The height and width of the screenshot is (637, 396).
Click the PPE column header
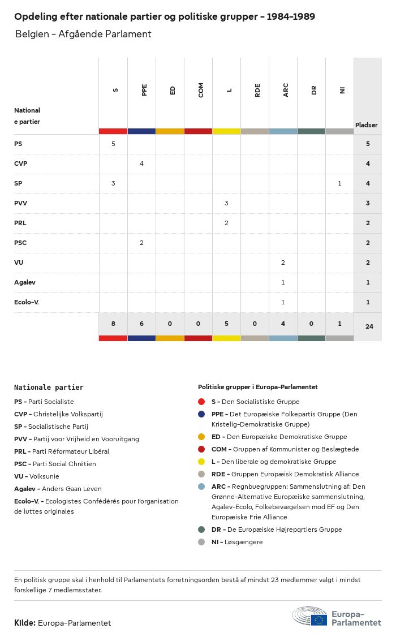144,90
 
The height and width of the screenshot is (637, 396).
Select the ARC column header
286,90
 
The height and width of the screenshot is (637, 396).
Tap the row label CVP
21,163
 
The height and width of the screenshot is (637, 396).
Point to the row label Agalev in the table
24,282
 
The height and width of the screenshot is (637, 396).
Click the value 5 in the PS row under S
113,144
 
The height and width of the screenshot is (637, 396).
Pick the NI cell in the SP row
339,183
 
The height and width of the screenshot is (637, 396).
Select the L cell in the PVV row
226,203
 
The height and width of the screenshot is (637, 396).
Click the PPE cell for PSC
141,243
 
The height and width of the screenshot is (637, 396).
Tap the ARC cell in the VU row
283,262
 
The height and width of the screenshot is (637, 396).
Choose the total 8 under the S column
113,324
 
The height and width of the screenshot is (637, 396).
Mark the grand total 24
369,326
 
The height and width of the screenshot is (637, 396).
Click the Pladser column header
367,125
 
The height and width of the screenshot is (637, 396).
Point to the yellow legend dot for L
201,462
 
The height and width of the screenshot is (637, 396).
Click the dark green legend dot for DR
201,530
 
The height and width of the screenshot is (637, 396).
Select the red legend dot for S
201,402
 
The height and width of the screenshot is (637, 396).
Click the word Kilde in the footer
24,623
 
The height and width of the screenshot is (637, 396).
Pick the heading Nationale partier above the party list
49,388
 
